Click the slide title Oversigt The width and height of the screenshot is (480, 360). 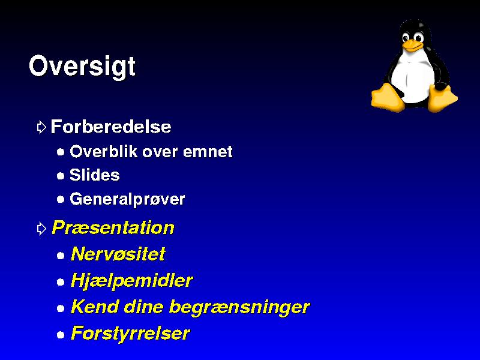82,67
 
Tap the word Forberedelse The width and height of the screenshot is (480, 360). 111,127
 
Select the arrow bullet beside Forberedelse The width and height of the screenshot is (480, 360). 41,127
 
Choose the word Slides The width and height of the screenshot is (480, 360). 95,175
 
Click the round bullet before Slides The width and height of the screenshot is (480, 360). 61,176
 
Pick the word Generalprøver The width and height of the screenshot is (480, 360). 127,199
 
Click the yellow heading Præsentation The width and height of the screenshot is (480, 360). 113,227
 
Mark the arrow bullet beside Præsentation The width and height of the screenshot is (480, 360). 41,229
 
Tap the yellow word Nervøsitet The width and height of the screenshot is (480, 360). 118,254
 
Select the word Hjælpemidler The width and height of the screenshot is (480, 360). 132,280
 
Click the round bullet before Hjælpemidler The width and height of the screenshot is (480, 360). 61,281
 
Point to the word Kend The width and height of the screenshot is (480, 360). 95,307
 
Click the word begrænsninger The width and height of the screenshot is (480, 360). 239,307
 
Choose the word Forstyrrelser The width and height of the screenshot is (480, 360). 131,333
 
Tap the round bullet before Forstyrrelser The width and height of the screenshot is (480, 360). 61,335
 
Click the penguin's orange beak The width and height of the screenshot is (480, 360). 412,46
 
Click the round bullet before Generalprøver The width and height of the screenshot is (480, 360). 61,200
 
